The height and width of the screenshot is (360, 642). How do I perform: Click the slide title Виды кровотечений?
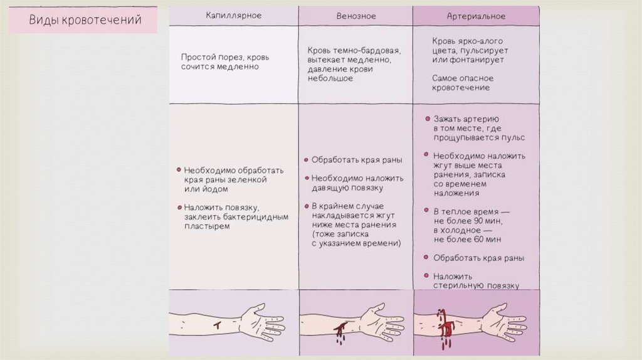click(85, 20)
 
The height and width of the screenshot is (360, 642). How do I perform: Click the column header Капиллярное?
click(233, 16)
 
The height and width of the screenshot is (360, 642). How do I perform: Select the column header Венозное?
click(354, 16)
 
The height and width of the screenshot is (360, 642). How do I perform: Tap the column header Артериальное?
click(475, 16)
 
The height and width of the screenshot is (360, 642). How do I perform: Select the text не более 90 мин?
click(467, 220)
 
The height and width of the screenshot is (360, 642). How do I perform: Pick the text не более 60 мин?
click(467, 239)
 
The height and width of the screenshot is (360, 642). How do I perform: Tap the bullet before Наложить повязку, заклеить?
click(179, 206)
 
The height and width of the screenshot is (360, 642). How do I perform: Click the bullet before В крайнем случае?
click(306, 206)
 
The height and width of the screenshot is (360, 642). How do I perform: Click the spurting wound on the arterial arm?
click(446, 326)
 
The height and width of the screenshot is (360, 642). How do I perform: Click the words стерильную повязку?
click(476, 285)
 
